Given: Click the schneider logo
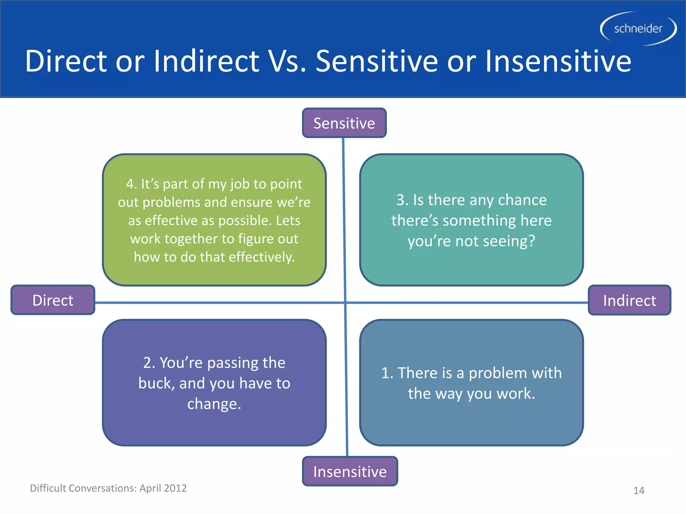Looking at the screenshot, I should pyautogui.click(x=638, y=29).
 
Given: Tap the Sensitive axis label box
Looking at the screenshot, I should pyautogui.click(x=344, y=123).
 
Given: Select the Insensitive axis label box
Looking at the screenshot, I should pyautogui.click(x=350, y=471).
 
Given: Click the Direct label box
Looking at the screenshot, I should pyautogui.click(x=53, y=300).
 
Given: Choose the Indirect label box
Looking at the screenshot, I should pyautogui.click(x=629, y=300).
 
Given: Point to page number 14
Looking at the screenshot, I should pyautogui.click(x=639, y=491).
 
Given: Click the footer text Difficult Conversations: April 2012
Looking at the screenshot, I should pyautogui.click(x=108, y=488).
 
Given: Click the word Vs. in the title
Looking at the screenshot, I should pyautogui.click(x=288, y=61).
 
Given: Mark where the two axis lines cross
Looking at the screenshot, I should pyautogui.click(x=345, y=303).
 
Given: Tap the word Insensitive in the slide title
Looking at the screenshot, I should pyautogui.click(x=558, y=61).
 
